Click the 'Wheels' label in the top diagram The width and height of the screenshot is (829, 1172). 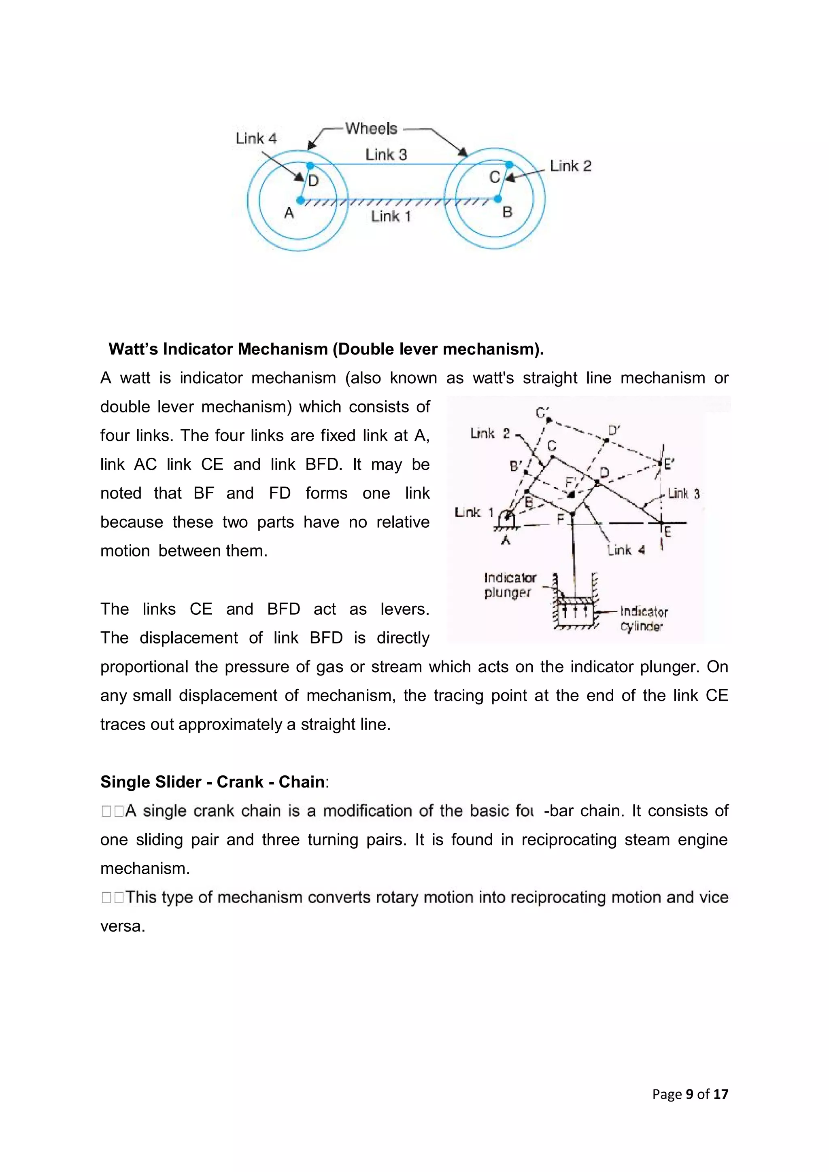(371, 128)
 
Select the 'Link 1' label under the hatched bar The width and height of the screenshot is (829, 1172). (391, 217)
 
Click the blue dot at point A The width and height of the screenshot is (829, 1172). (301, 200)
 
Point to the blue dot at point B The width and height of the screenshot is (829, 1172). (498, 199)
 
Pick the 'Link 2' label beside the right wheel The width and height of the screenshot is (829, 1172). (570, 166)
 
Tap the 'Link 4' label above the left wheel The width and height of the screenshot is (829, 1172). (256, 138)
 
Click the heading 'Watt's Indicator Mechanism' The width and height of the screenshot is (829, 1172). (326, 349)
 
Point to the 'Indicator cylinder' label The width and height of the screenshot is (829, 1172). (643, 619)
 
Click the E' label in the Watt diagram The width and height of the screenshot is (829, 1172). (669, 464)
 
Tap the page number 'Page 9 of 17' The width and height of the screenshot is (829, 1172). (690, 1094)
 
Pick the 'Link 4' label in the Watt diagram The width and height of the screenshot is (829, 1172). (626, 550)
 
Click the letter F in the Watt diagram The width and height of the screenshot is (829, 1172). (561, 520)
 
